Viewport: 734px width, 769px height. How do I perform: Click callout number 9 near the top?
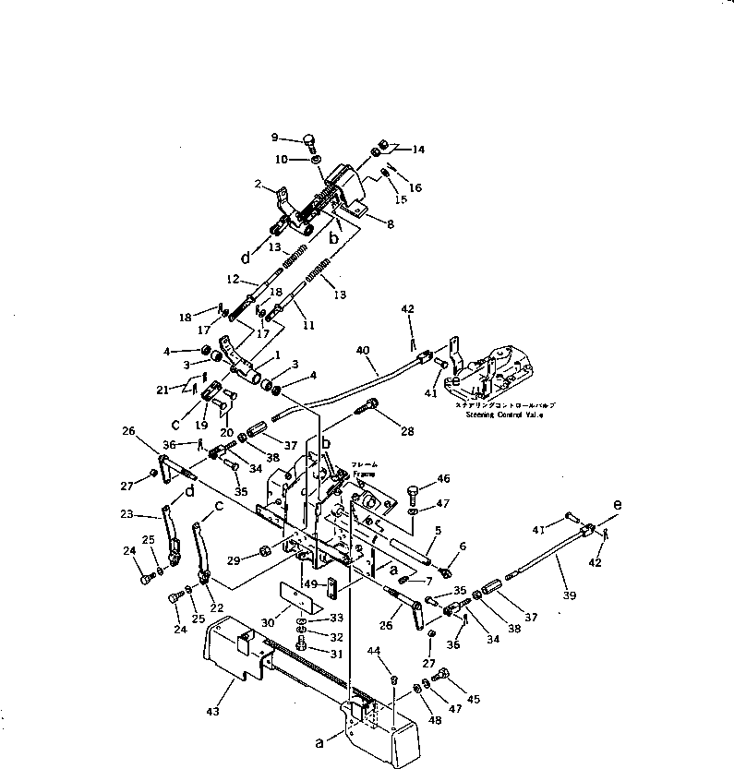pos(274,138)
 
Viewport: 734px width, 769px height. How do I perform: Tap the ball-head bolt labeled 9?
pos(309,141)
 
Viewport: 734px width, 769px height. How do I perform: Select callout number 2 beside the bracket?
pos(259,184)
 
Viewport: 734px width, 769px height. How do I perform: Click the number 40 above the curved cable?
pos(362,350)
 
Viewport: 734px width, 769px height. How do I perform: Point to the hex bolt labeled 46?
pos(412,491)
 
